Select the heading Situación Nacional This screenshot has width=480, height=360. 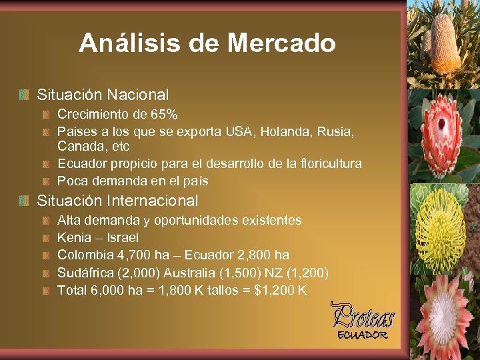pos(103,95)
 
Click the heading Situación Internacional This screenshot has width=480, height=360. pos(117,201)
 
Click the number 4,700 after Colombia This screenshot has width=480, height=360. pos(127,255)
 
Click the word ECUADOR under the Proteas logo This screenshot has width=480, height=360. pos(362,335)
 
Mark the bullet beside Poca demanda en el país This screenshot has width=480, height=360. pos(46,181)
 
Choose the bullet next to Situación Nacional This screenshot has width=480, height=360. pos(24,96)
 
